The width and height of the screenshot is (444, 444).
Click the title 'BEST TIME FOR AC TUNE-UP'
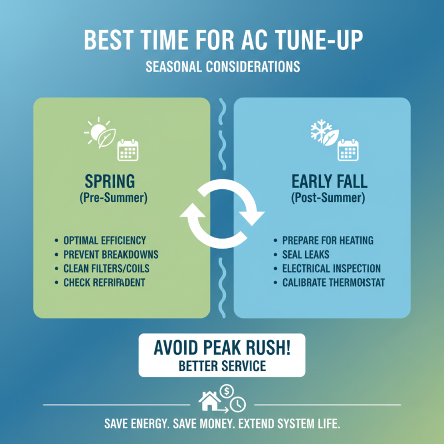click(x=222, y=42)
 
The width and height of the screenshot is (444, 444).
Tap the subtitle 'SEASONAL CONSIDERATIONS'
click(x=222, y=67)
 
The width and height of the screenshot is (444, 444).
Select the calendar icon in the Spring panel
click(x=128, y=149)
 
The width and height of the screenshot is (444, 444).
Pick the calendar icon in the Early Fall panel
click(x=349, y=149)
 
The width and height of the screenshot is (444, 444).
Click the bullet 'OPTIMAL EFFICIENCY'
click(x=104, y=240)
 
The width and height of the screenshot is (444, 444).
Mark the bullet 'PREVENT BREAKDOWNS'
click(x=111, y=255)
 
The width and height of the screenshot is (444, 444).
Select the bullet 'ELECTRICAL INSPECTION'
click(x=331, y=269)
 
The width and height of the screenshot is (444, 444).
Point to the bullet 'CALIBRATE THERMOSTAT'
click(x=334, y=283)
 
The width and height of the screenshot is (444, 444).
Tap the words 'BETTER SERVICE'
click(x=222, y=366)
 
